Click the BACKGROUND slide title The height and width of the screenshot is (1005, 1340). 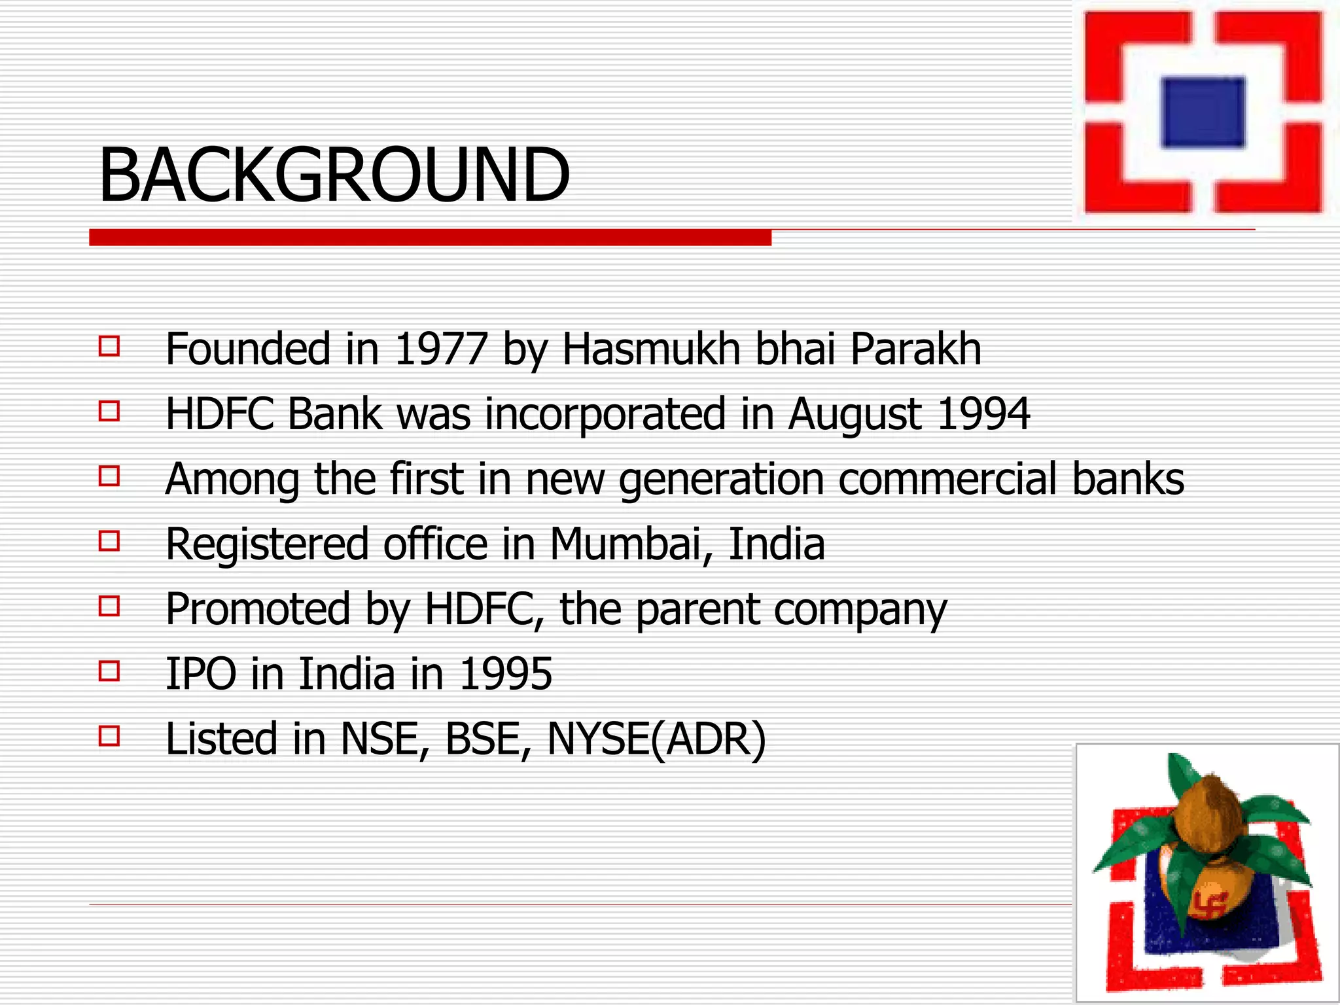coord(334,175)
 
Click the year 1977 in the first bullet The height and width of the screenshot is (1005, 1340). coord(441,349)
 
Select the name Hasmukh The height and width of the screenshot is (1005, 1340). coord(651,349)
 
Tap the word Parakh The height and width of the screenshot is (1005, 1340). coord(915,349)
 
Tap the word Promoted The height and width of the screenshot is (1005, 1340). coord(258,609)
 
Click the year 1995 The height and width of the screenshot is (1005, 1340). coord(506,674)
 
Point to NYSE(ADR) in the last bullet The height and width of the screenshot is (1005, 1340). coord(656,739)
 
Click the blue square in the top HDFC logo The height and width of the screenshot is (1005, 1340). coord(1203,112)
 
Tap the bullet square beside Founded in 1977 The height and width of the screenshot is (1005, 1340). coord(109,346)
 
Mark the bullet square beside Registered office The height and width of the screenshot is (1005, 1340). coord(109,542)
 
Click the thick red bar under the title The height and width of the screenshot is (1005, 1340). coord(430,238)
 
